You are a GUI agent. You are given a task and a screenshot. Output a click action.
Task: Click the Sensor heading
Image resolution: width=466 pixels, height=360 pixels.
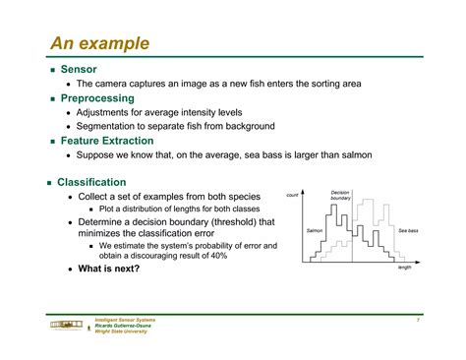point(79,70)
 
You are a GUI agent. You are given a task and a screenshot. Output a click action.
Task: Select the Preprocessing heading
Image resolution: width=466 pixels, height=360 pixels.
point(99,98)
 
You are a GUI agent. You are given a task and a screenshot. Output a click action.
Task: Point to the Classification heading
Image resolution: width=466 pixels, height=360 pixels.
point(91,182)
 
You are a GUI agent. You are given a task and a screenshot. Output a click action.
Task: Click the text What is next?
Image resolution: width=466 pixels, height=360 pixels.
point(109,268)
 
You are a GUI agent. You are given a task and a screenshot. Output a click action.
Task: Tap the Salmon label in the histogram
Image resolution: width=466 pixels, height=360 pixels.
point(315,231)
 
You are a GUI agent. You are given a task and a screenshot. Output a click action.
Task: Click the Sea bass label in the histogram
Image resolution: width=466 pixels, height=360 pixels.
point(407,231)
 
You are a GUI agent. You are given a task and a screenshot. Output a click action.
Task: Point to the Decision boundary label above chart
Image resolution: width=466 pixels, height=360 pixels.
point(340,196)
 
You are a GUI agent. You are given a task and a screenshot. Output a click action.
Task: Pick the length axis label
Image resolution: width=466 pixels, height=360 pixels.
point(404,268)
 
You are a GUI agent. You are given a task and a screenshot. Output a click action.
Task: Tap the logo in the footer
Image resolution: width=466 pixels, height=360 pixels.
point(65,326)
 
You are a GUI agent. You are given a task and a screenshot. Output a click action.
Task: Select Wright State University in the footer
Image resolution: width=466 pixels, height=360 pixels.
point(121,331)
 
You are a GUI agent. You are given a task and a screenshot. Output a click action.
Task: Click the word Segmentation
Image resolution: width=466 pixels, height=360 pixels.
point(110,126)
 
